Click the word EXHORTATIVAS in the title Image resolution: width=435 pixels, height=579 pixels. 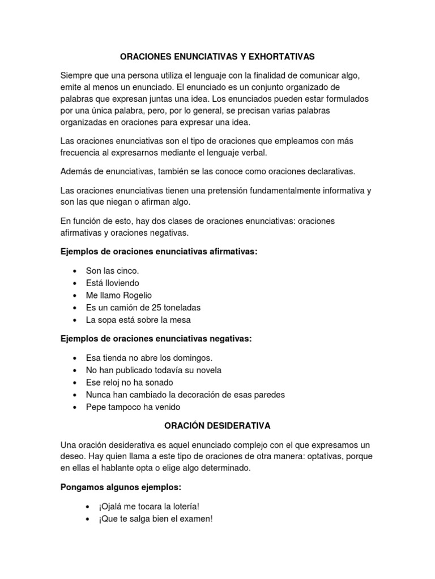281,57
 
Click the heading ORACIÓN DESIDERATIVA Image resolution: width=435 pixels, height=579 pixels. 217,425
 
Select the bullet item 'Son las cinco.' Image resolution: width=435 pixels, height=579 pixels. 112,271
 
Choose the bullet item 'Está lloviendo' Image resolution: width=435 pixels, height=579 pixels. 112,283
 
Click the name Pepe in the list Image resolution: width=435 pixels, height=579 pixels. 96,407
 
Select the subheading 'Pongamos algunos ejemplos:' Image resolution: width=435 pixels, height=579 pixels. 121,487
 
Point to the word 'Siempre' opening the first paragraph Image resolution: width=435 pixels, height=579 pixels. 76,75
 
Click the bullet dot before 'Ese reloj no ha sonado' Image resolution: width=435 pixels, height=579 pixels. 75,383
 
